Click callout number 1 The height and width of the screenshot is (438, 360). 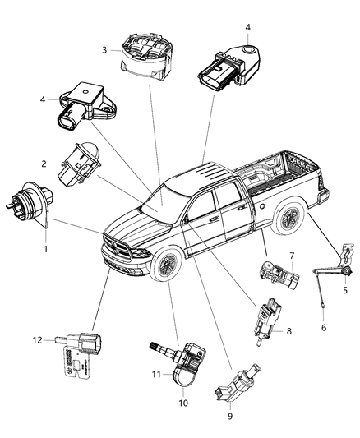(x=46, y=249)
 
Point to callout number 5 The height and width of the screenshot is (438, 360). (x=345, y=290)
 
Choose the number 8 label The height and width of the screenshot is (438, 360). (x=288, y=330)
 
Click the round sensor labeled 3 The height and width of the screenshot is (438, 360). (x=147, y=49)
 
